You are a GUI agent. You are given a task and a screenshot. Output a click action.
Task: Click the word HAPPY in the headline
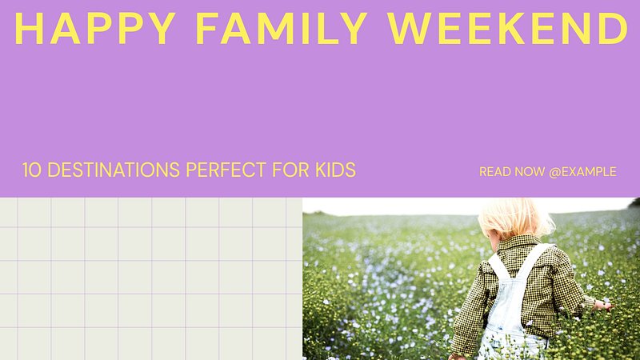[95, 28]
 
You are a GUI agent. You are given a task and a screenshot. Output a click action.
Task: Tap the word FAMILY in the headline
[282, 28]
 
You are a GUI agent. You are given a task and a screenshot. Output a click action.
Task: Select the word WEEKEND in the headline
[508, 28]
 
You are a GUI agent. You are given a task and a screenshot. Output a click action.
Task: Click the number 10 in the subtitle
[32, 170]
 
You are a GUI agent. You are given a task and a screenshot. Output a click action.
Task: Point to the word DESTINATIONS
[114, 170]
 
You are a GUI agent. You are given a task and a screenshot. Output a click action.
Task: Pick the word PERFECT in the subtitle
[226, 170]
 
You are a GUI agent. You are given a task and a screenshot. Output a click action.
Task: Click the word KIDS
[335, 170]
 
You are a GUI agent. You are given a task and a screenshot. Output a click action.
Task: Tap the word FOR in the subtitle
[290, 170]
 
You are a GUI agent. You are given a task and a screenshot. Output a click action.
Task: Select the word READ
[494, 172]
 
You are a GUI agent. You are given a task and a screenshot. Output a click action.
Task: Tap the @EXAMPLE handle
[583, 172]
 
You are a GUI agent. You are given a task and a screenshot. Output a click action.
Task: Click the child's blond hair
[515, 218]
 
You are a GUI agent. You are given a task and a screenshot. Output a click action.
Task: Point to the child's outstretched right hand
[603, 306]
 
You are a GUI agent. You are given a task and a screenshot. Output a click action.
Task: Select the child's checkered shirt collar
[518, 245]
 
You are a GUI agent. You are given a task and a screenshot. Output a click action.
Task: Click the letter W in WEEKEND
[410, 28]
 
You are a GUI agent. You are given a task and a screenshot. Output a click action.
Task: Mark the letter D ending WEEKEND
[614, 28]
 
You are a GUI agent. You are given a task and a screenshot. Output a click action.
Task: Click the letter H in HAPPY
[29, 28]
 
